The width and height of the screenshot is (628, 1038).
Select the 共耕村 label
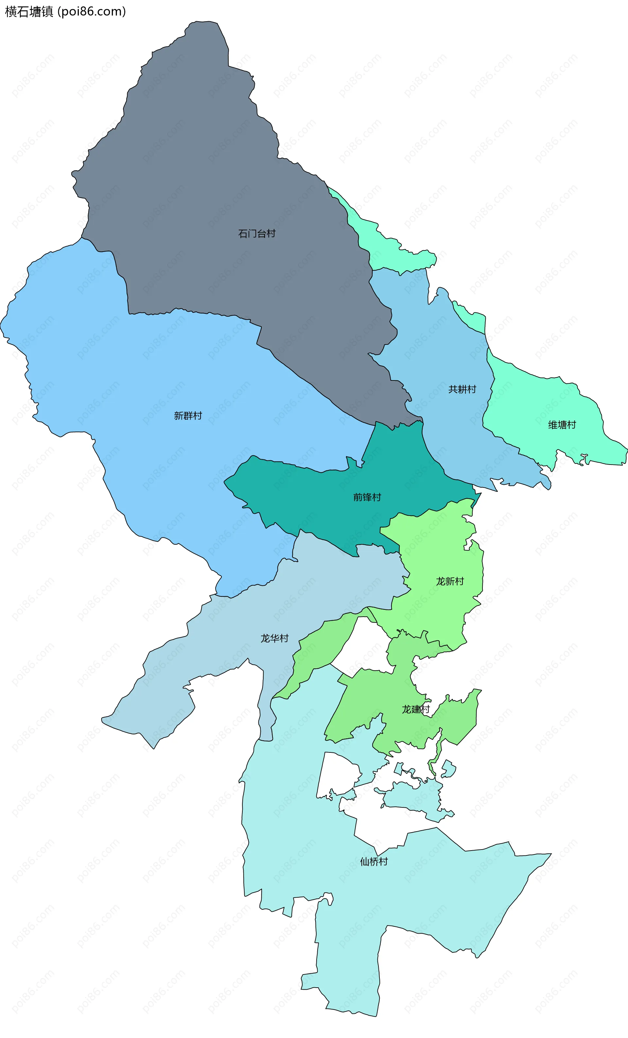click(x=462, y=389)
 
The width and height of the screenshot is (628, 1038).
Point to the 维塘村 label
click(x=562, y=425)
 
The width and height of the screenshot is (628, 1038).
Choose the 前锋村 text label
click(x=367, y=497)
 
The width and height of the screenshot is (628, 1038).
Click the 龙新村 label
click(x=450, y=581)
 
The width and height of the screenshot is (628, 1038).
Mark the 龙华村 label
click(x=274, y=638)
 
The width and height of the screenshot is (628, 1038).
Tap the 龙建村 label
click(x=415, y=709)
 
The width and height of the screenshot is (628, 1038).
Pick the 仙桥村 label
click(x=374, y=861)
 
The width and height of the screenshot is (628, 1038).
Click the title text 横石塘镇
click(x=29, y=11)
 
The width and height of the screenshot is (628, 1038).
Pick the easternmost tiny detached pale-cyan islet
click(x=448, y=769)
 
